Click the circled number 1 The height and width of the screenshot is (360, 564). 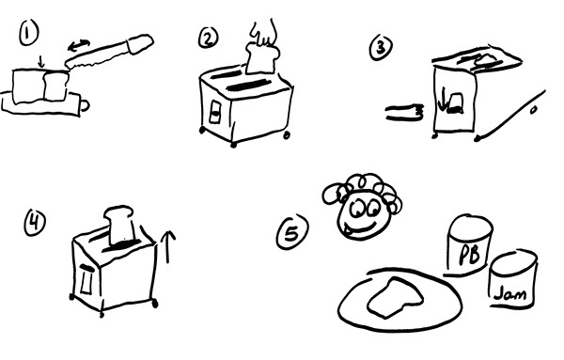(29, 33)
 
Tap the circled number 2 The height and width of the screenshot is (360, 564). (209, 39)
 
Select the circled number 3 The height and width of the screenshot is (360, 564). (381, 47)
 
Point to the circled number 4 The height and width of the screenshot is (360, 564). (35, 222)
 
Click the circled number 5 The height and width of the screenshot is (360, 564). (292, 232)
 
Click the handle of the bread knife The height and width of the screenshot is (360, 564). (139, 43)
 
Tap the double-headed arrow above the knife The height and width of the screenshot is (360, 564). (79, 45)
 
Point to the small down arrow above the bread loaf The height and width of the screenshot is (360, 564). (41, 61)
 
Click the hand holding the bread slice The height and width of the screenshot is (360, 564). (264, 33)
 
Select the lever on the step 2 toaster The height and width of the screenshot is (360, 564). (215, 113)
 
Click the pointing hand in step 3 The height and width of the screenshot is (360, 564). (404, 112)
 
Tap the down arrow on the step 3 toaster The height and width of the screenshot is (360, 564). (442, 99)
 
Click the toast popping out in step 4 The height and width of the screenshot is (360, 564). (119, 225)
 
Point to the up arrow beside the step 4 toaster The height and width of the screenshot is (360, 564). (167, 246)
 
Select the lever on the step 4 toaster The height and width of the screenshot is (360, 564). (86, 279)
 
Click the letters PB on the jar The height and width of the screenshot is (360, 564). (470, 254)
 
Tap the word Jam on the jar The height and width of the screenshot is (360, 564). (510, 294)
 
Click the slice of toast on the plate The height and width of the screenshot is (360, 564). (394, 297)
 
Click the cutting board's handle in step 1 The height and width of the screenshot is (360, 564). (85, 105)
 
